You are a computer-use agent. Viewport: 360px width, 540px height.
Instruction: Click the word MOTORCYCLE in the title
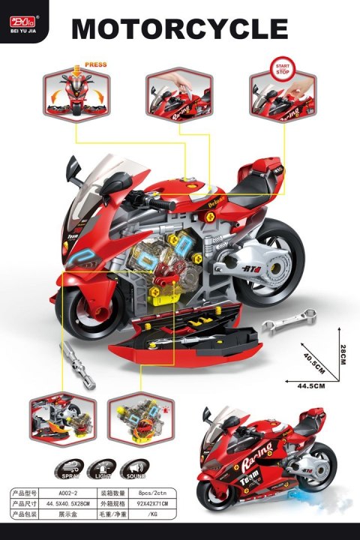[x=179, y=29]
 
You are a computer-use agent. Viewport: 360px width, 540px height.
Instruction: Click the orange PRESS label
[x=96, y=65]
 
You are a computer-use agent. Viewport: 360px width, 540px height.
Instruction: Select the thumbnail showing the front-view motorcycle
[x=75, y=94]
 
